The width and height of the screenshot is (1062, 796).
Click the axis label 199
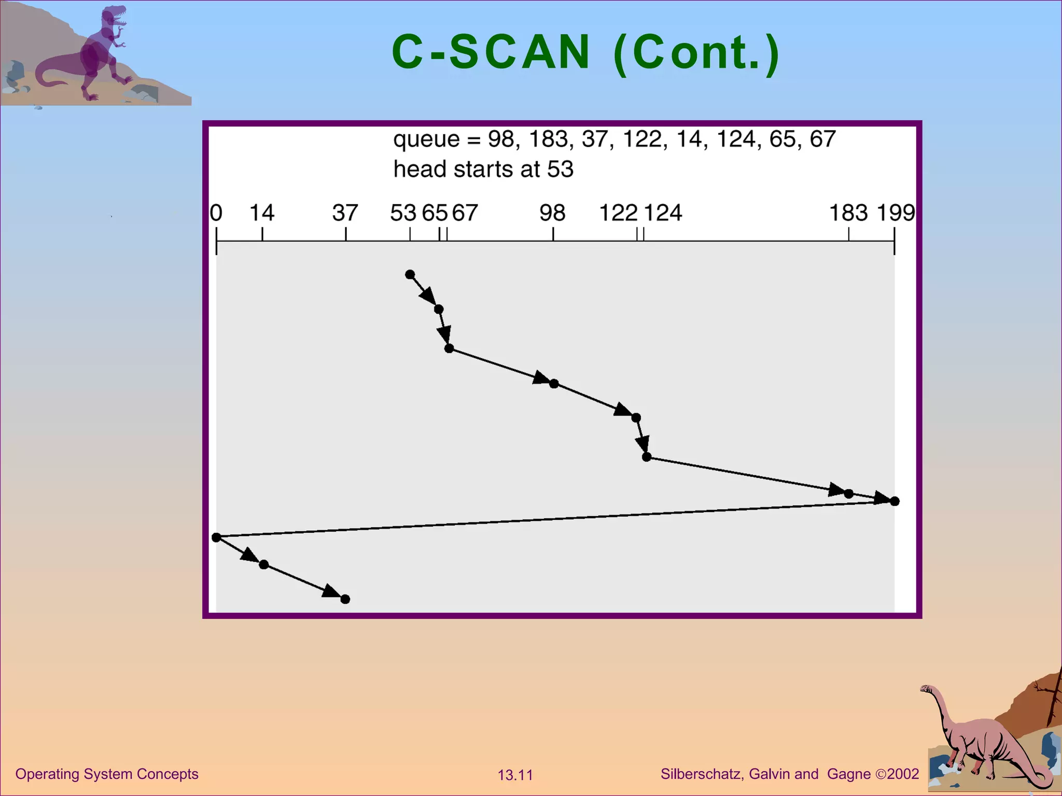(x=896, y=213)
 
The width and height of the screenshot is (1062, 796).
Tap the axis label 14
(x=261, y=213)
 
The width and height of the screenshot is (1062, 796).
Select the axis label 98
(x=552, y=213)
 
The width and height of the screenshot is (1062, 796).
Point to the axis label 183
(x=848, y=213)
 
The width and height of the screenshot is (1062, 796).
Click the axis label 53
(x=403, y=213)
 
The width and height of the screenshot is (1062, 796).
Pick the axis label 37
(x=345, y=213)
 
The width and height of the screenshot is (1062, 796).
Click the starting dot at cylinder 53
(x=410, y=274)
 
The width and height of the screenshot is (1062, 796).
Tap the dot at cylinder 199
(x=895, y=501)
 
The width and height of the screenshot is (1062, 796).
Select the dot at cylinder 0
(x=217, y=537)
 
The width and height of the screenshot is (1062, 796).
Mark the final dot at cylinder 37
(x=345, y=599)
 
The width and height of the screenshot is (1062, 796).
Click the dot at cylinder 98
(x=554, y=384)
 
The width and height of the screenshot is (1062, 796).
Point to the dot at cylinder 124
(x=647, y=457)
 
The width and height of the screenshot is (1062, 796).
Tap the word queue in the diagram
(x=426, y=139)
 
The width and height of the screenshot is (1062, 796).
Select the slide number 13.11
(x=515, y=775)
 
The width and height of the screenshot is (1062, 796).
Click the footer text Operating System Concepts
(x=107, y=774)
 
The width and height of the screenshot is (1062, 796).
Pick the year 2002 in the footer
(x=903, y=774)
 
